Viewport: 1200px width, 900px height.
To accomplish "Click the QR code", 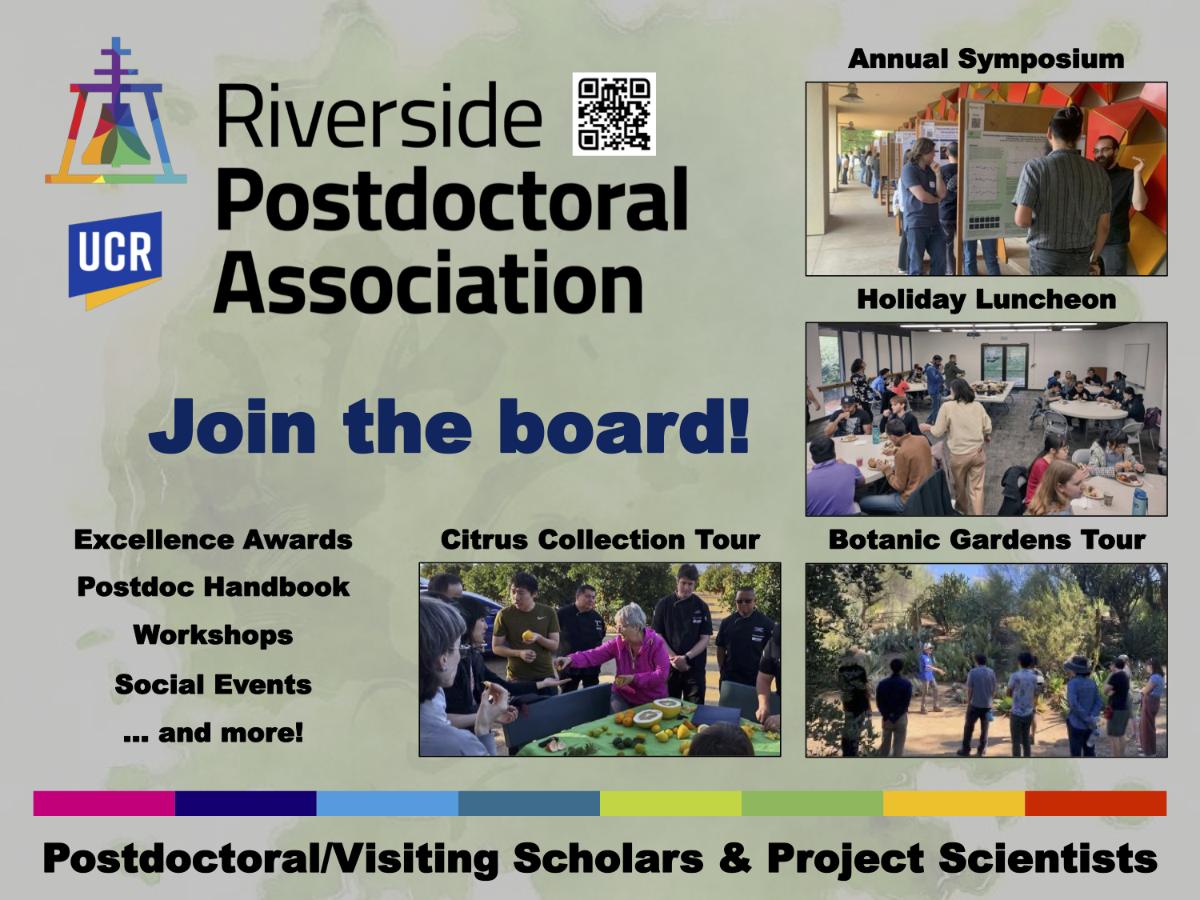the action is (x=614, y=114).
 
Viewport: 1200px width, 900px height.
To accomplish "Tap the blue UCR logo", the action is (x=115, y=260).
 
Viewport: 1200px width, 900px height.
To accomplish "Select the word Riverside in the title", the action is (x=379, y=116).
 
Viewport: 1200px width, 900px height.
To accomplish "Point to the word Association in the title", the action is (x=428, y=282).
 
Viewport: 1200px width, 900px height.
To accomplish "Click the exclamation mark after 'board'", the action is (x=738, y=425).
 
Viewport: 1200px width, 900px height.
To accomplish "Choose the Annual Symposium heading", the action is (x=986, y=59).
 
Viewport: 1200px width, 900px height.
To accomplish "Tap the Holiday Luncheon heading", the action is (x=986, y=299).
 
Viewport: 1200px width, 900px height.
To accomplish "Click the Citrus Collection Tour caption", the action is (x=600, y=540).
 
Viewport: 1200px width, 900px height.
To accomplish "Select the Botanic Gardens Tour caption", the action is (x=986, y=540).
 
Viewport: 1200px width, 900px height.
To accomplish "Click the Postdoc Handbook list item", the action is (x=214, y=587).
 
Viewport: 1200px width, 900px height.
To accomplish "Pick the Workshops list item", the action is (x=214, y=635).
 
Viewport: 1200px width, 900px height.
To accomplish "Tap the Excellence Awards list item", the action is (x=214, y=540).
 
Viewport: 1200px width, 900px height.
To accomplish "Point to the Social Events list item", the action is (x=214, y=684).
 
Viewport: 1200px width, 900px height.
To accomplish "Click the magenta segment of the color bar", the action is (x=104, y=803).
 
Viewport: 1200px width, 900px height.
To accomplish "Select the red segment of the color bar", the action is (x=1095, y=803).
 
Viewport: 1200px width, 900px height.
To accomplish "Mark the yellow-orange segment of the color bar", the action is (x=954, y=803).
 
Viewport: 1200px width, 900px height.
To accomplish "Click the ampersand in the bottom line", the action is (x=735, y=858).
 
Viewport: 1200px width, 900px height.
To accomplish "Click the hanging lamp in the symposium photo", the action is (x=852, y=94).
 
